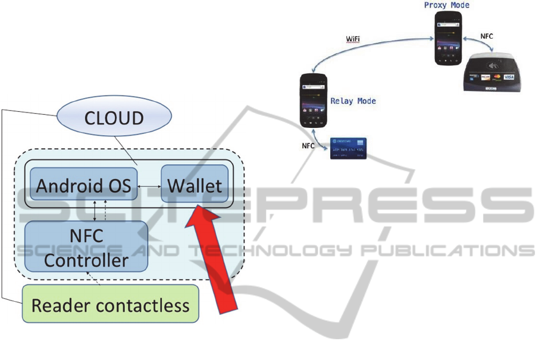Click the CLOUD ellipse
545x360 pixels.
point(114,117)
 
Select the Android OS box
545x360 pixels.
point(83,185)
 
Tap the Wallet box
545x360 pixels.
point(195,185)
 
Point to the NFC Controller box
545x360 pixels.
point(86,248)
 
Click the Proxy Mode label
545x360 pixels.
point(447,5)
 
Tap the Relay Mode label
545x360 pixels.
point(353,101)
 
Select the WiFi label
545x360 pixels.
point(353,39)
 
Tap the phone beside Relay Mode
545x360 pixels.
point(313,100)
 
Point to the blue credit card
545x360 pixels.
point(348,148)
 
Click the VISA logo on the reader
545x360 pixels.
point(509,77)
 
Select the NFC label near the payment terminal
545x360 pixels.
point(487,36)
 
